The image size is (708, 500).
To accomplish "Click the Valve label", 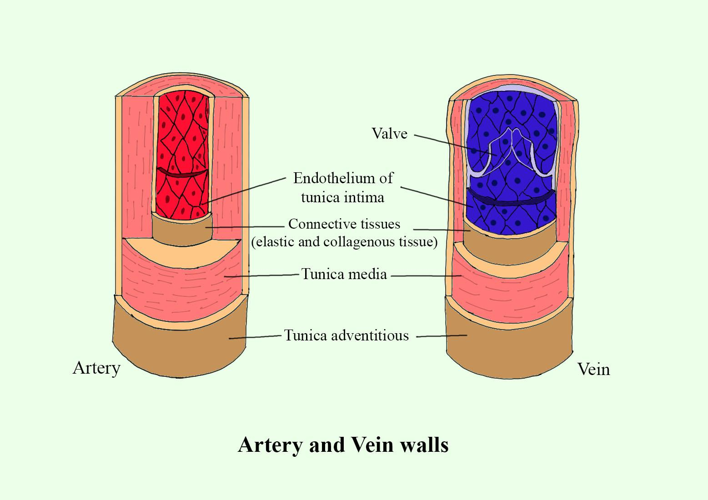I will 389,134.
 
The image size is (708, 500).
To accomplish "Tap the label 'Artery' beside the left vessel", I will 96,368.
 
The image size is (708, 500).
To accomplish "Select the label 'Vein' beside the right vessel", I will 593,369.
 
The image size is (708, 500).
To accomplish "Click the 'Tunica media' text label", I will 344,274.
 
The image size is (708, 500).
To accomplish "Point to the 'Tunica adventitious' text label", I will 346,335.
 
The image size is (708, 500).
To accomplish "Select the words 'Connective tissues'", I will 344,224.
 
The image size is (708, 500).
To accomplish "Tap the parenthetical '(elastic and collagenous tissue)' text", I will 344,242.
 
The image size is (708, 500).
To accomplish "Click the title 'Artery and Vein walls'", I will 343,445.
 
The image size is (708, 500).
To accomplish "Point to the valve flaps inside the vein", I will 512,150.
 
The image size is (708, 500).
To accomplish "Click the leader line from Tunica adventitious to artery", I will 255,337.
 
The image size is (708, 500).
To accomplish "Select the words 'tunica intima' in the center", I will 342,197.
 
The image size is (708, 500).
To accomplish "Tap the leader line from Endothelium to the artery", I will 246,190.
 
